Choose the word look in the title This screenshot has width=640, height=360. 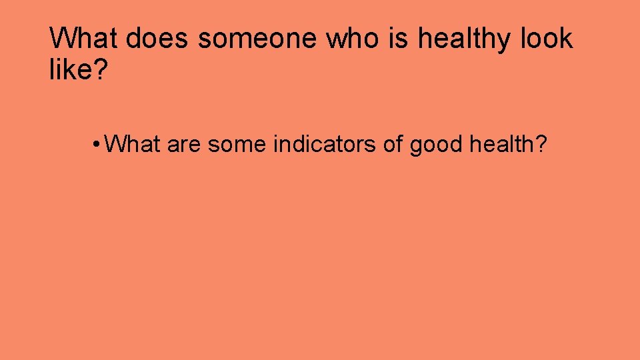[543, 39]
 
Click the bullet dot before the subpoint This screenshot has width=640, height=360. [97, 143]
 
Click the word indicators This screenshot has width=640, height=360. [325, 143]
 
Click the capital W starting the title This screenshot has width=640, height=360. [62, 39]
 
